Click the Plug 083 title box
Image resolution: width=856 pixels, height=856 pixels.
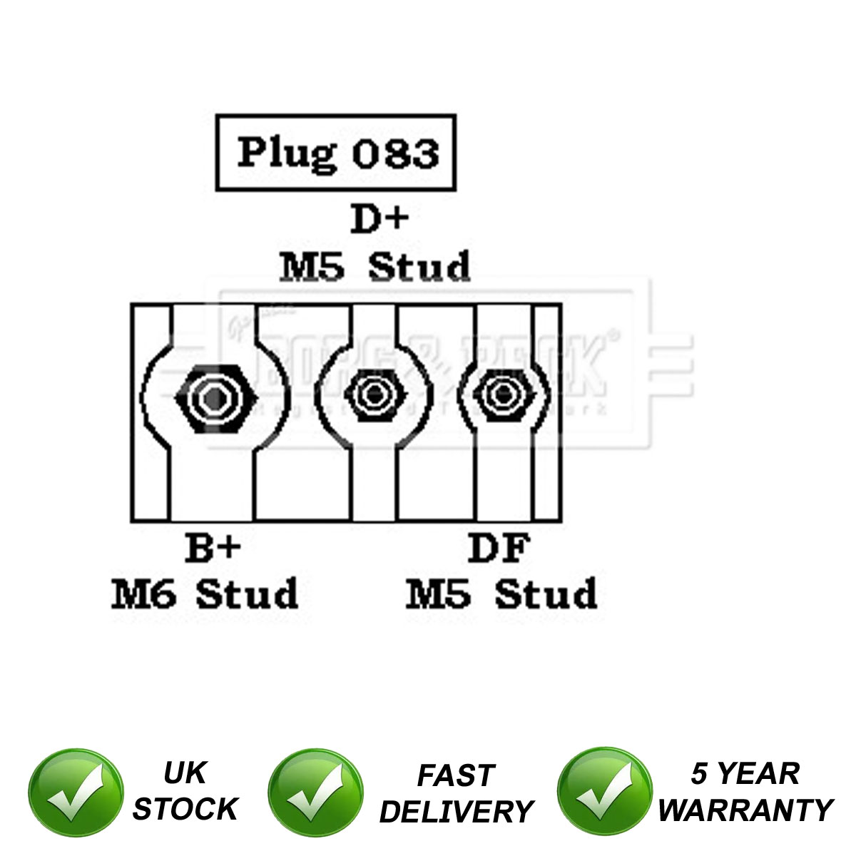pyautogui.click(x=335, y=153)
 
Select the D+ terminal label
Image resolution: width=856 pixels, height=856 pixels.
pyautogui.click(x=379, y=220)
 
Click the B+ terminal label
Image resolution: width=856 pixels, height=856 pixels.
pyautogui.click(x=213, y=548)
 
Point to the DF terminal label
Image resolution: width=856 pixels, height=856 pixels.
pyautogui.click(x=499, y=548)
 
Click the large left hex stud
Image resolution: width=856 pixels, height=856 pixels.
pyautogui.click(x=215, y=397)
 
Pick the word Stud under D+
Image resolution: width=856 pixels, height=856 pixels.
pyautogui.click(x=419, y=267)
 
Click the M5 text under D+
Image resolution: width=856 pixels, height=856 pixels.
pyautogui.click(x=312, y=267)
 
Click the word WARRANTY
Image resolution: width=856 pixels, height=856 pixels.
pyautogui.click(x=745, y=810)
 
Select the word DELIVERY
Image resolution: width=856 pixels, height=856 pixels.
pyautogui.click(x=456, y=812)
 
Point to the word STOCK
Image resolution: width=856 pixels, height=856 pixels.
pyautogui.click(x=185, y=809)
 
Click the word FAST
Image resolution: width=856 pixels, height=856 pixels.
pyautogui.click(x=456, y=775)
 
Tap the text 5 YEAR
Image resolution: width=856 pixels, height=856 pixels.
pyautogui.click(x=745, y=773)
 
